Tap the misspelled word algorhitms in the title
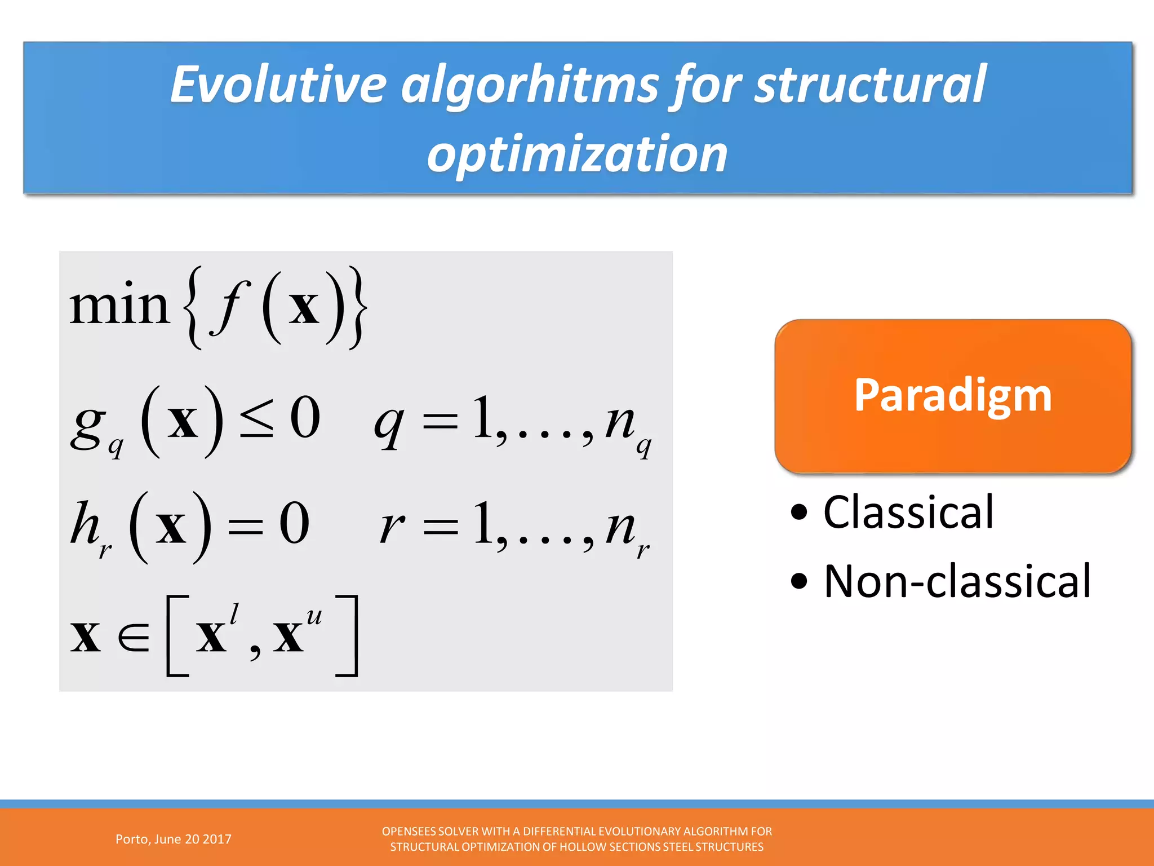point(530,86)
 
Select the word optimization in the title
point(577,154)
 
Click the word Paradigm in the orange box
point(952,395)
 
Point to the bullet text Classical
point(908,512)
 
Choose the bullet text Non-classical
point(957,581)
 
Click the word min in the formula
point(119,306)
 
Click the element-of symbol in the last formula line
point(134,637)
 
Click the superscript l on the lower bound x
point(234,613)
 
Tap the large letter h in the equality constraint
point(85,523)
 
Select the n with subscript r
point(620,527)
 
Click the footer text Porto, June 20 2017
point(173,839)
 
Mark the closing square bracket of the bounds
point(349,635)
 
